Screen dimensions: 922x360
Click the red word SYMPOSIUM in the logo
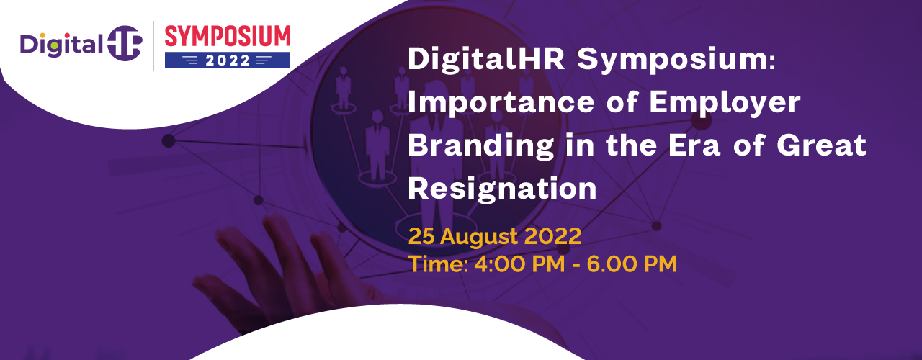click(228, 36)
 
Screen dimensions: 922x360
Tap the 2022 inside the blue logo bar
click(228, 60)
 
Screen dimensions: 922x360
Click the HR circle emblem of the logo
click(125, 43)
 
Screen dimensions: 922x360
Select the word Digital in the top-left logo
click(61, 45)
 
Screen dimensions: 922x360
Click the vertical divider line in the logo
click(153, 45)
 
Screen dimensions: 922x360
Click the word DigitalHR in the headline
click(486, 59)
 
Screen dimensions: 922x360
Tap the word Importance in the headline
click(501, 103)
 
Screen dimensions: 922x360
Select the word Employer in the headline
click(725, 103)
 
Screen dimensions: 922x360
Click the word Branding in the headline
click(480, 146)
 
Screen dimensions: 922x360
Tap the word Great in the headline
click(822, 146)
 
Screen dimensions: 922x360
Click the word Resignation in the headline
click(502, 189)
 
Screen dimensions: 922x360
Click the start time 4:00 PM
click(520, 264)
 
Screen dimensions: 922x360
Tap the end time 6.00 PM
click(632, 264)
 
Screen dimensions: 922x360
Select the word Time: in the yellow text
click(439, 264)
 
